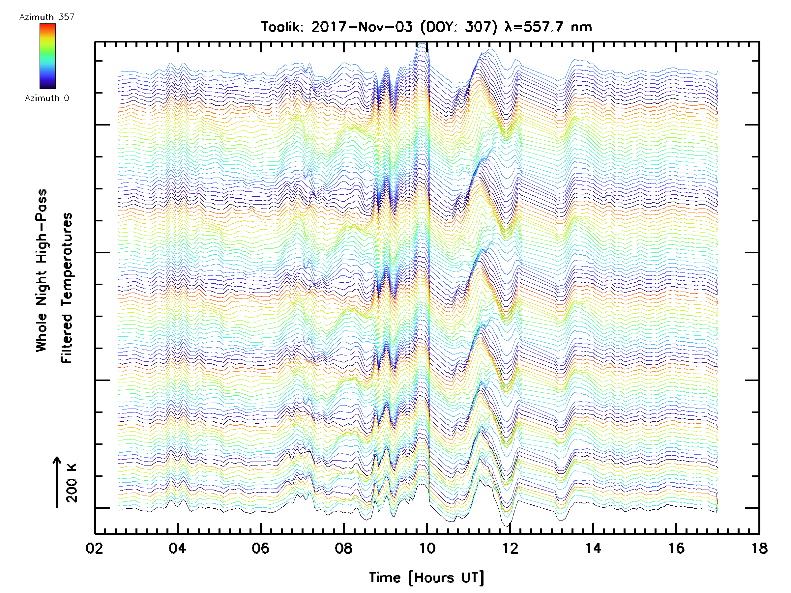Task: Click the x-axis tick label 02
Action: click(x=94, y=548)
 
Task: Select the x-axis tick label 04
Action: click(x=177, y=548)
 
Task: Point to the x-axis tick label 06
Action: click(x=260, y=548)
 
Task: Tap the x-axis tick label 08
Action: click(x=344, y=548)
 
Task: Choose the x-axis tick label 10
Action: click(x=426, y=548)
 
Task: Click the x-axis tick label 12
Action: click(x=510, y=548)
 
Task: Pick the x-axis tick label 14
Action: click(x=593, y=548)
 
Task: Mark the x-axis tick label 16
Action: click(x=676, y=548)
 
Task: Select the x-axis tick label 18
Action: click(x=759, y=548)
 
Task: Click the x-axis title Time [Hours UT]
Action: click(x=426, y=578)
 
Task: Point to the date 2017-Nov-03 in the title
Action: click(x=362, y=27)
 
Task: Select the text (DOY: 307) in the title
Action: click(x=459, y=27)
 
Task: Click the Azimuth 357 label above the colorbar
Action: click(x=47, y=17)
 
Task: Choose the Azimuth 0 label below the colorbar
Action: click(x=47, y=98)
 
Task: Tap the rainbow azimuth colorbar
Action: click(x=47, y=56)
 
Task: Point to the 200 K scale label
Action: click(x=72, y=483)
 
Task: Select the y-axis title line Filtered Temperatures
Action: click(x=67, y=288)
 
